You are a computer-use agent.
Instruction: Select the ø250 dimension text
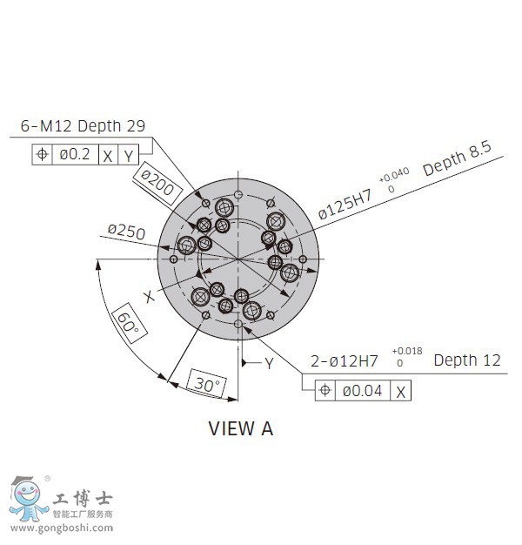click(x=126, y=232)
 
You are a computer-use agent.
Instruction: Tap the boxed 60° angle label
click(x=130, y=323)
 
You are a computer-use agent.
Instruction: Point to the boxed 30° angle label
click(x=207, y=384)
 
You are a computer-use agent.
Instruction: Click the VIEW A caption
click(x=241, y=428)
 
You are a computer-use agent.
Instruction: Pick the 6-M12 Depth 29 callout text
click(x=83, y=126)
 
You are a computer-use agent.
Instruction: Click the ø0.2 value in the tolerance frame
click(x=75, y=154)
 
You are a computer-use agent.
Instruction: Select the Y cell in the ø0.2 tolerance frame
click(x=129, y=155)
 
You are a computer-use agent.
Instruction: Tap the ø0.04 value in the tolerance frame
click(x=362, y=391)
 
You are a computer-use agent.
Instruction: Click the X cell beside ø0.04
click(x=400, y=392)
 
